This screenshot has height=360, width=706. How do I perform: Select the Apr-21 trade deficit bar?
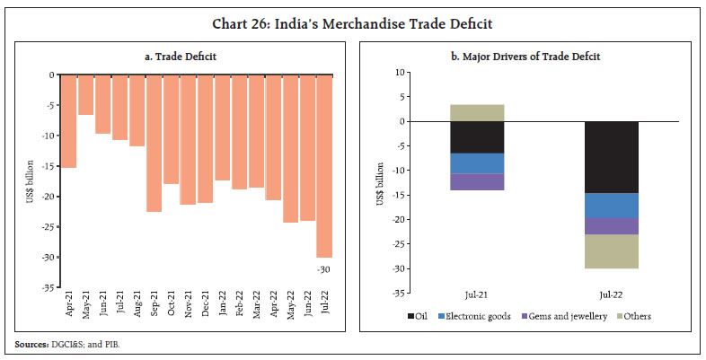[x=68, y=121]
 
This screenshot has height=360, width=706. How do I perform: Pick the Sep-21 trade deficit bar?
[x=154, y=144]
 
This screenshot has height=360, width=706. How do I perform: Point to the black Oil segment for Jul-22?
[x=611, y=157]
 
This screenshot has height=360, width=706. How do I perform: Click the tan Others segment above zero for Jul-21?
[x=477, y=112]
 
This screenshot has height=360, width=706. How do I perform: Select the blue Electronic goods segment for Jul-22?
[x=611, y=206]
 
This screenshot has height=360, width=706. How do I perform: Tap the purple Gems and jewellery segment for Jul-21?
[x=477, y=181]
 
